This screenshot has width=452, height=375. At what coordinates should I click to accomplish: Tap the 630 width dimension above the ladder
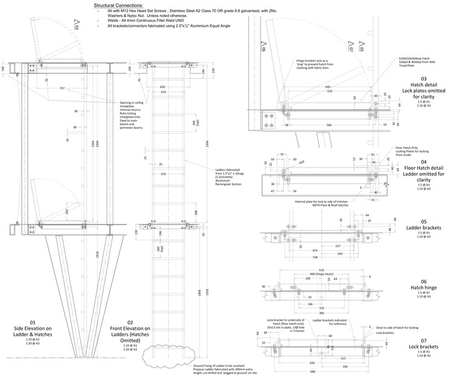point(162,87)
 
